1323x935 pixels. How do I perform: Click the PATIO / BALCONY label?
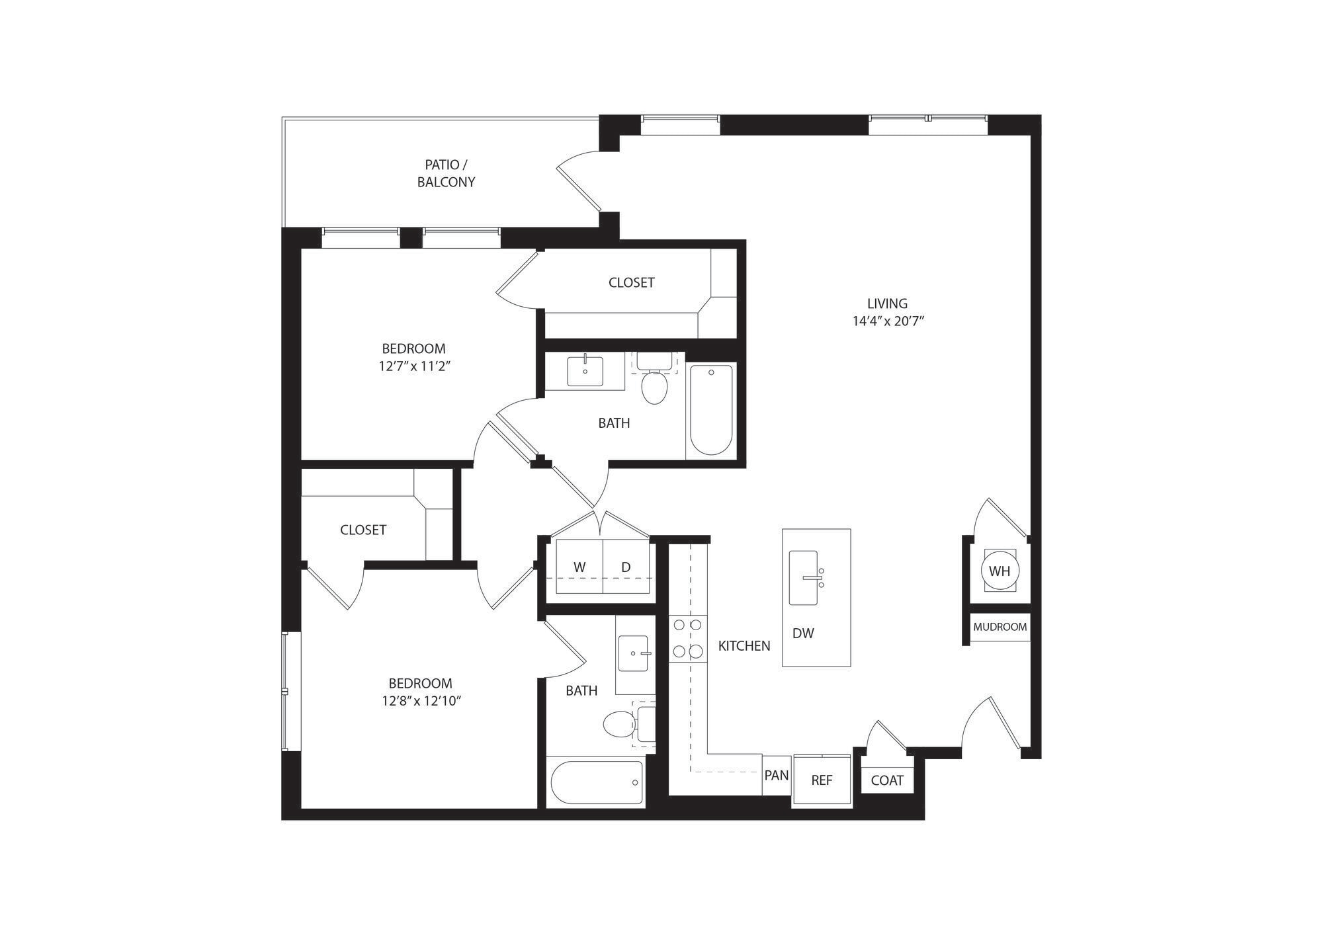(446, 173)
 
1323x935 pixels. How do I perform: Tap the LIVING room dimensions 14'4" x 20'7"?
(888, 322)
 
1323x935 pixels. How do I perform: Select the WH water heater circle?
(1000, 571)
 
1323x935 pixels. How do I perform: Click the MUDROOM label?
(1000, 627)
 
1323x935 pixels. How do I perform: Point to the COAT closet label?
(886, 780)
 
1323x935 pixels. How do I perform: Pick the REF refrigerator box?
(822, 780)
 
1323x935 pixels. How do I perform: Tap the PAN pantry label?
(777, 775)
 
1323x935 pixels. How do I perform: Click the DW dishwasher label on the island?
(803, 633)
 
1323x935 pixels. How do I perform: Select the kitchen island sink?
(804, 578)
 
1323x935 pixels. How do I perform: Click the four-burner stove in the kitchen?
(687, 638)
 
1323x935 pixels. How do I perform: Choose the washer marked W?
(579, 567)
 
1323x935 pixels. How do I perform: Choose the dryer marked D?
(626, 567)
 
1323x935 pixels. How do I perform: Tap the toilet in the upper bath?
(654, 387)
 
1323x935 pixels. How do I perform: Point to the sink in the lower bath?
(634, 653)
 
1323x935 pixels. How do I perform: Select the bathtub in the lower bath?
(597, 782)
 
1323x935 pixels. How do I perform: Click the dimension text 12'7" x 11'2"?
(414, 366)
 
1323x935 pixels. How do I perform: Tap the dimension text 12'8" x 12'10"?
(421, 701)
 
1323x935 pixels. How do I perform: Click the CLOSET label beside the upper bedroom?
(631, 282)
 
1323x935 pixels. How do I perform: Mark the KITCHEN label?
(744, 646)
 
